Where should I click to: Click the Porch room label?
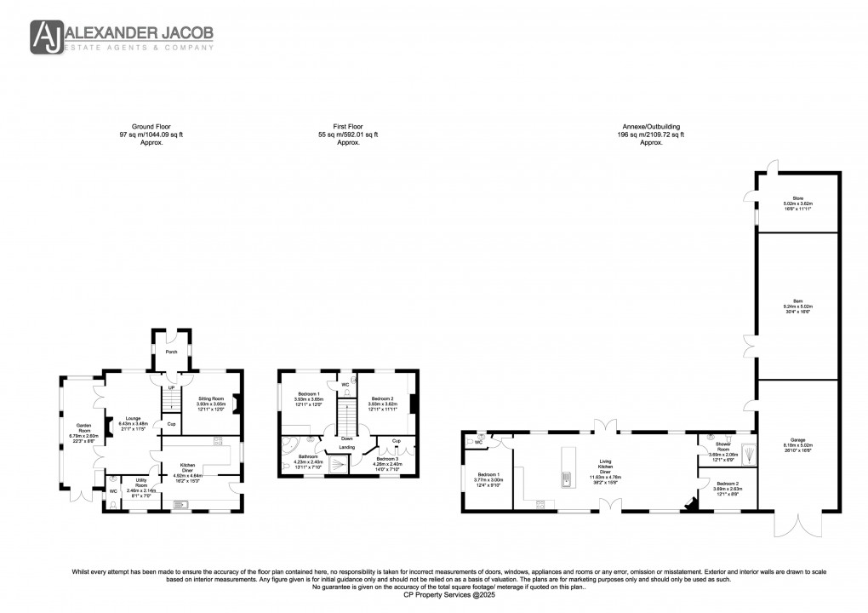pyautogui.click(x=171, y=351)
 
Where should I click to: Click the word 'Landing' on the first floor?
pyautogui.click(x=347, y=446)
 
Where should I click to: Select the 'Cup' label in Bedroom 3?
pyautogui.click(x=396, y=440)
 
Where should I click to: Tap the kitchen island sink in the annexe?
pyautogui.click(x=564, y=481)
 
